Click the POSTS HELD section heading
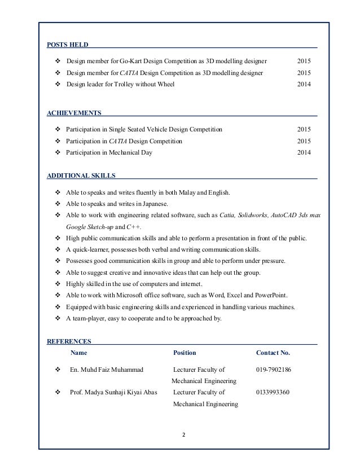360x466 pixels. coord(66,44)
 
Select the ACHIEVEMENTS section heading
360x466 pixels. coord(73,112)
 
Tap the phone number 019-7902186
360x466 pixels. coord(274,370)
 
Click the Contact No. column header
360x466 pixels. coord(273,353)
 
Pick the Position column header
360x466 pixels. coord(185,353)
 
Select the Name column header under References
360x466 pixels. coord(79,353)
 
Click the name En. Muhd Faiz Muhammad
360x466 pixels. coord(106,370)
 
